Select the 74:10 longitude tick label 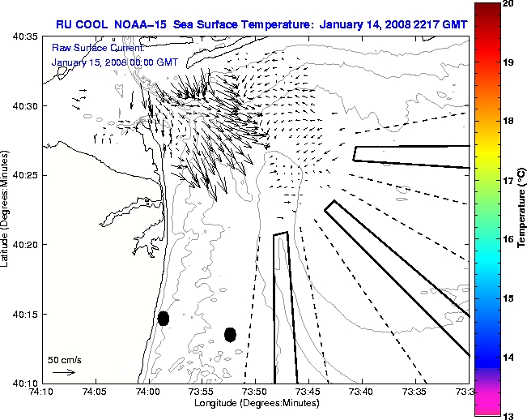(x=42, y=392)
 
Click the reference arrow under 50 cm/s (x=63, y=372)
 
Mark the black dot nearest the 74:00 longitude (x=164, y=318)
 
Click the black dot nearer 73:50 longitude (x=230, y=334)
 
